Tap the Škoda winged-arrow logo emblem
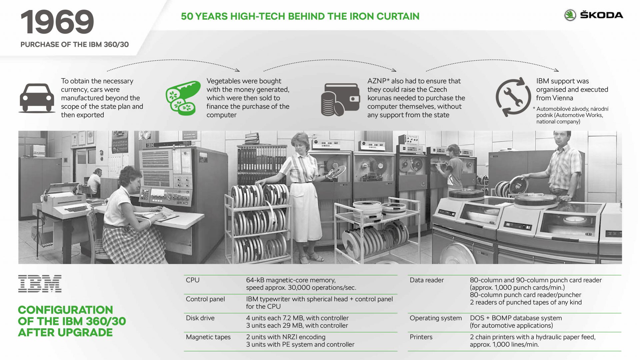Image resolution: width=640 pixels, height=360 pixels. [570, 15]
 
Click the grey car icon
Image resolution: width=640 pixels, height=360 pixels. [37, 98]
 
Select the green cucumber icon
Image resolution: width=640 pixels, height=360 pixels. [183, 98]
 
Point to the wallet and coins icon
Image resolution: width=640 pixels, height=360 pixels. [340, 100]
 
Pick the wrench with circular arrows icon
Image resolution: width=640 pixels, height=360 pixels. [513, 97]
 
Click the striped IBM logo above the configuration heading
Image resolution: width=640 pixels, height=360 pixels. [40, 284]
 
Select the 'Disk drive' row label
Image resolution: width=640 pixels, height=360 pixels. [200, 318]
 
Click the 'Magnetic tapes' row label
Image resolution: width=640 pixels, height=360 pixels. [208, 337]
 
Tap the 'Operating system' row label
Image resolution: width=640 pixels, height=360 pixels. [435, 318]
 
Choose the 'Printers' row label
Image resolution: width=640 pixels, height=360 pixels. [421, 337]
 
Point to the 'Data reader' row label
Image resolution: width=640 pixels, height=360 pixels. [426, 280]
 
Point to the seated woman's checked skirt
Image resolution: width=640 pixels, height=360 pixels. [133, 243]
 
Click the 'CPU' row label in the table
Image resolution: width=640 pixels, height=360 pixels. [192, 280]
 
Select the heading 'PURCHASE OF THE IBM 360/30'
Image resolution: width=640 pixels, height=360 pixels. [74, 45]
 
